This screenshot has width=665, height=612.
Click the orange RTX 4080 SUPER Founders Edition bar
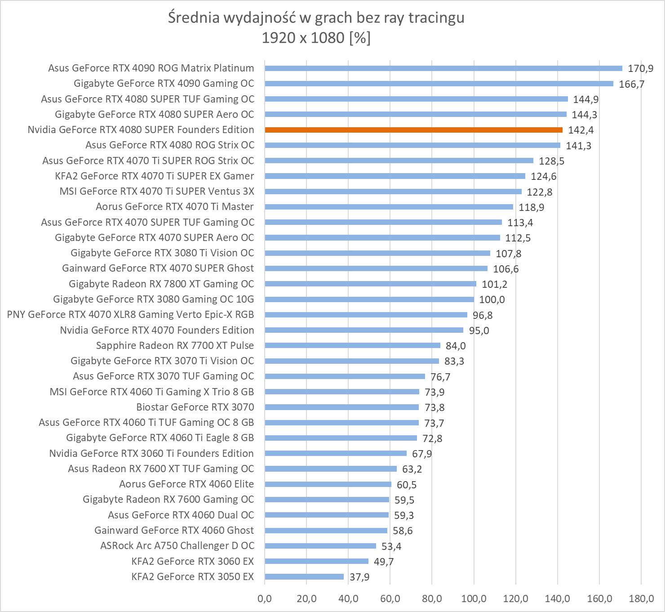coord(413,130)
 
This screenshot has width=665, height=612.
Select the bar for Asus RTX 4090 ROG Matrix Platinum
coord(443,68)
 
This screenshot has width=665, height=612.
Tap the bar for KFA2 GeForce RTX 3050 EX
coord(304,576)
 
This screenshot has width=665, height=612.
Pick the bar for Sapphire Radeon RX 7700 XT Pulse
coord(352,345)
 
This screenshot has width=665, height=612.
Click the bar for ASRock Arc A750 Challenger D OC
coord(320,546)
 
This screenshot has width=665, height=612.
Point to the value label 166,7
coord(631,84)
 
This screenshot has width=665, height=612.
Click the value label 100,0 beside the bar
coord(492,299)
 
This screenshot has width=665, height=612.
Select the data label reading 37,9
coord(359,577)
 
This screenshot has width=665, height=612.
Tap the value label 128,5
coord(551,161)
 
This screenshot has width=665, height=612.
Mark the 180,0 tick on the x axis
coord(641,599)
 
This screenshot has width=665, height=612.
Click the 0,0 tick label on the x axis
coord(265,599)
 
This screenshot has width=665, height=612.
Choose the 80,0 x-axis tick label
coord(432,599)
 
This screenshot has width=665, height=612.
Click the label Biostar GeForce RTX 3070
coord(195,407)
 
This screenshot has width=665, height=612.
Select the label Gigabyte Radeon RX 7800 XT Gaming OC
coord(161,284)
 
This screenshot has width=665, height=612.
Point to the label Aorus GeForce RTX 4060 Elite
coord(186,484)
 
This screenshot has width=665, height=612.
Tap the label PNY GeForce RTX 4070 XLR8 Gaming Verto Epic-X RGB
coord(130,314)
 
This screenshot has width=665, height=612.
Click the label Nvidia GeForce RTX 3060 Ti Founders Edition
coord(151,453)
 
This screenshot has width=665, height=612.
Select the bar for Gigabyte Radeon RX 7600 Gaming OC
coord(327,500)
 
